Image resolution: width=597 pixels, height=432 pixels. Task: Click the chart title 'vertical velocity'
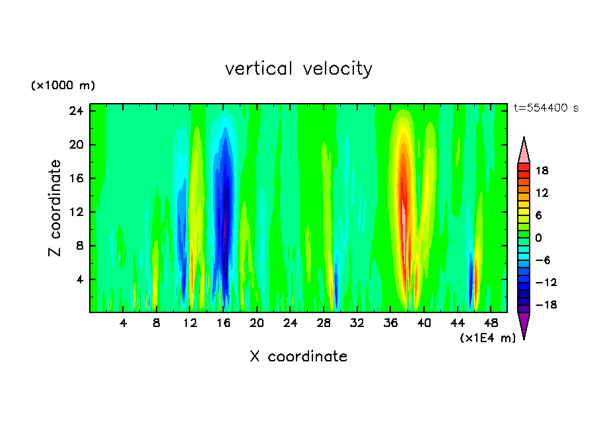click(x=298, y=69)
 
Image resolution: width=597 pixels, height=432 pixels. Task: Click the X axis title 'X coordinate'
click(x=298, y=357)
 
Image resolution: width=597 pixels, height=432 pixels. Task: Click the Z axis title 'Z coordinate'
click(x=55, y=209)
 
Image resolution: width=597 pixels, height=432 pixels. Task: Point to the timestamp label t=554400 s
click(x=545, y=108)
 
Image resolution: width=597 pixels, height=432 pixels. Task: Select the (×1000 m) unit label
click(x=63, y=86)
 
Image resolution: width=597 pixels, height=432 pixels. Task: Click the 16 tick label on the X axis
click(x=224, y=323)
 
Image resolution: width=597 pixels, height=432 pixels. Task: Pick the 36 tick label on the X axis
click(x=392, y=323)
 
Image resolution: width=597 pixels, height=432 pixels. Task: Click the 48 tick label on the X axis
click(x=491, y=323)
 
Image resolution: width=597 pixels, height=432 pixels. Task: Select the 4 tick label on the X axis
click(x=123, y=323)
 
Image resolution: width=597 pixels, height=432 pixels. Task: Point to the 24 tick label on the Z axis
click(x=77, y=111)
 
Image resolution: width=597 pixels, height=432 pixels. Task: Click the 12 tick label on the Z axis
click(x=77, y=212)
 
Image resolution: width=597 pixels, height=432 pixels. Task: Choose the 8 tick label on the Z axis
click(x=79, y=246)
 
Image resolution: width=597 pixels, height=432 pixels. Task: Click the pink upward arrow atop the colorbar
click(x=524, y=150)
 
